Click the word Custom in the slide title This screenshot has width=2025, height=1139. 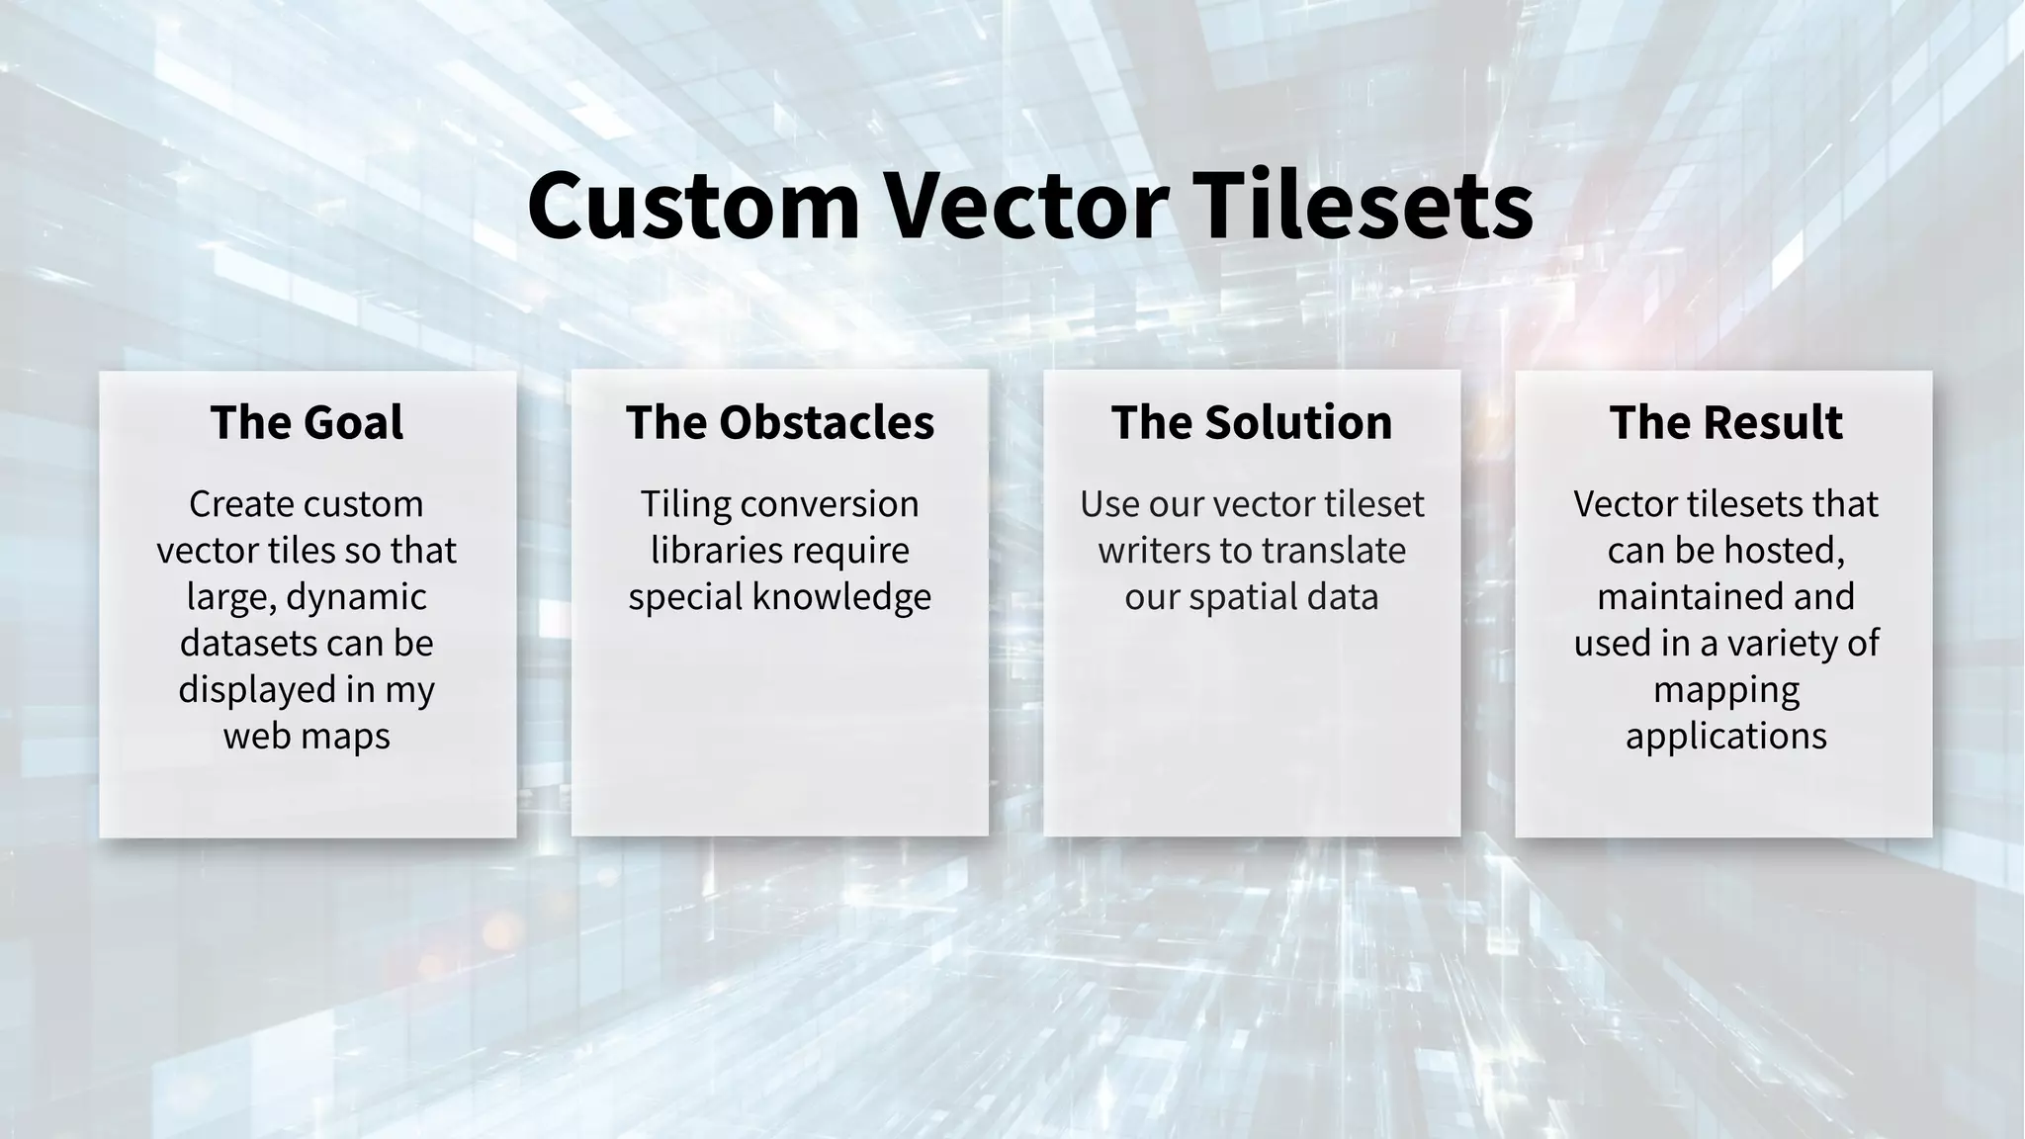[x=693, y=206]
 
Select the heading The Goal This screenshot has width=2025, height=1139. [x=307, y=422]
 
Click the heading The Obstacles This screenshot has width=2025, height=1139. [x=779, y=422]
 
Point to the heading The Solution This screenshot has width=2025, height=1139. [x=1251, y=422]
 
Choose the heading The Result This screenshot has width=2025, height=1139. [x=1725, y=422]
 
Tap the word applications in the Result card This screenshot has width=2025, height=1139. [x=1725, y=737]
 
